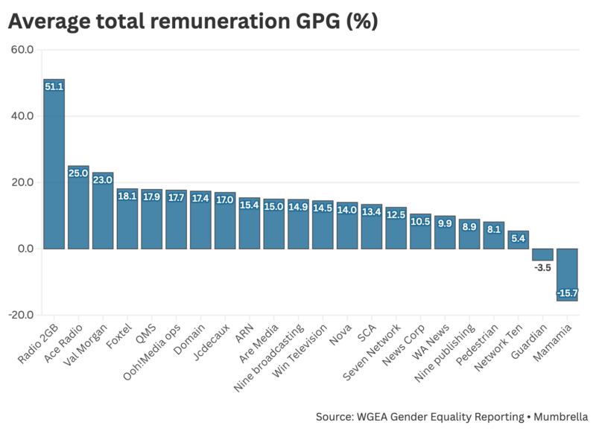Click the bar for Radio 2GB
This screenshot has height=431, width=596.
point(54,164)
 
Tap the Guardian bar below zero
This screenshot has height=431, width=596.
point(542,254)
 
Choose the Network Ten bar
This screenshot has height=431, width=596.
point(518,240)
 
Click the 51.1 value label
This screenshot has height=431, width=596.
point(54,86)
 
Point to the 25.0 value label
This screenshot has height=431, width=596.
point(78,173)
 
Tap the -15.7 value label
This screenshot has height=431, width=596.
point(567,293)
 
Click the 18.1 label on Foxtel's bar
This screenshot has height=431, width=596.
point(127,196)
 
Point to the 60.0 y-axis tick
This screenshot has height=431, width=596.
point(22,50)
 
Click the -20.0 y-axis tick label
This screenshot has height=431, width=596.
point(21,314)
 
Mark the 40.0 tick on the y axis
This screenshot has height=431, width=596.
point(22,116)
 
